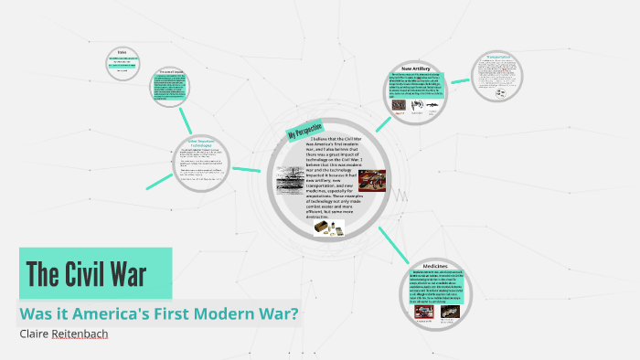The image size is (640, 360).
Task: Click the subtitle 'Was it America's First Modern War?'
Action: [159, 313]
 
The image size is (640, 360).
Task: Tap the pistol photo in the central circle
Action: [371, 181]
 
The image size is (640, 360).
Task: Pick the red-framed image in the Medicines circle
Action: [424, 312]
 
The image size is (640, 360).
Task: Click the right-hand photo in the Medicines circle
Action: [451, 312]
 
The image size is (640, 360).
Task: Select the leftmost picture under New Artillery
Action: [400, 105]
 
